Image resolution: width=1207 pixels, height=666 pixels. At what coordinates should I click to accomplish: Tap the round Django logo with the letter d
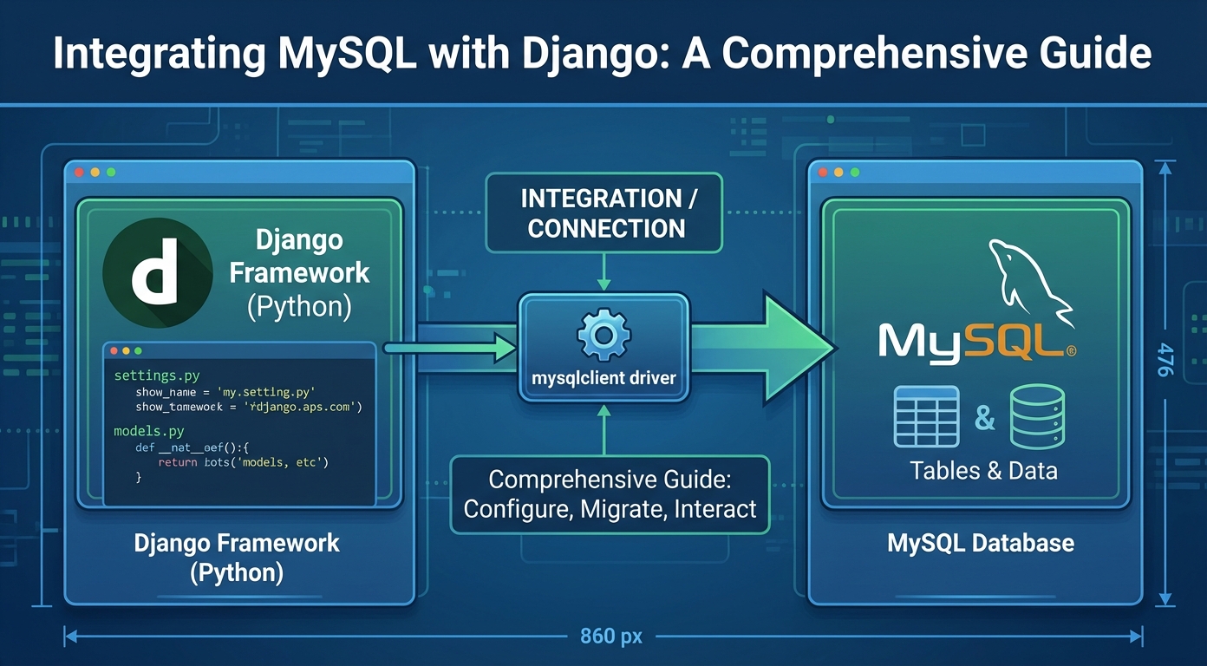157,272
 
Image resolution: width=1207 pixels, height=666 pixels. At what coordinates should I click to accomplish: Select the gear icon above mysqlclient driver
603,336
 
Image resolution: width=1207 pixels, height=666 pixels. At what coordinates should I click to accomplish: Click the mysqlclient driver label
603,378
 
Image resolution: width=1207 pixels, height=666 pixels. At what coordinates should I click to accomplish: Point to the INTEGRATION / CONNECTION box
603,213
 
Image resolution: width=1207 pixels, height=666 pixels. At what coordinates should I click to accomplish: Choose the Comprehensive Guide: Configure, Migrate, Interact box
610,494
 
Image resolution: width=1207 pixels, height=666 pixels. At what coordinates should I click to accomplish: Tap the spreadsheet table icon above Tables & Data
927,417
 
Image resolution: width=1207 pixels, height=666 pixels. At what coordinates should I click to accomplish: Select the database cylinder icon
1037,417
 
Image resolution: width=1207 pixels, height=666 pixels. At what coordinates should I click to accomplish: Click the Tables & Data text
983,471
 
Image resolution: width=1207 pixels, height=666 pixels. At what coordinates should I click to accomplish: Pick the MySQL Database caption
981,544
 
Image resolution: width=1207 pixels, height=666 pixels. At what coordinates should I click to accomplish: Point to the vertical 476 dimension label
1165,360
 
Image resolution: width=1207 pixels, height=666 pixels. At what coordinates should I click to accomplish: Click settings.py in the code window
157,376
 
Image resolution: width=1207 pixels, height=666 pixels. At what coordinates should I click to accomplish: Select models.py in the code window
149,431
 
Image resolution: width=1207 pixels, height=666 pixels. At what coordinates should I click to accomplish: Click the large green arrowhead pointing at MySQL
793,348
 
